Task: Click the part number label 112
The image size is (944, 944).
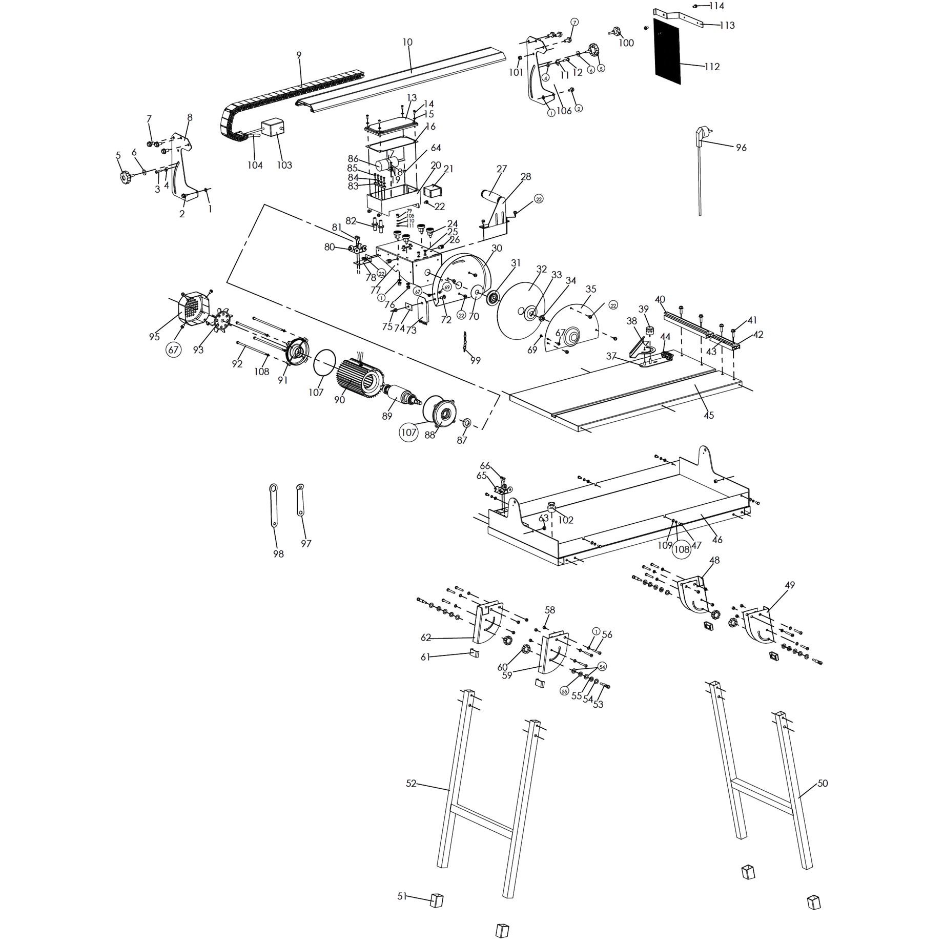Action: [712, 67]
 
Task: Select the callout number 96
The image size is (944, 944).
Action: [741, 148]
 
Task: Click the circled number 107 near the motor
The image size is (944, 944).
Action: [408, 433]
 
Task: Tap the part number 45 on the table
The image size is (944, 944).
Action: [708, 415]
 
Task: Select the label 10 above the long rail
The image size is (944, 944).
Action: [407, 42]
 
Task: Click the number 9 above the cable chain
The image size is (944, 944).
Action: [299, 55]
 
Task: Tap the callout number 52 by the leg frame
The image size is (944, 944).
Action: [411, 784]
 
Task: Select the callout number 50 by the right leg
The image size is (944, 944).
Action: [823, 783]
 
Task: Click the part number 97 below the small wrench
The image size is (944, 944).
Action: [306, 544]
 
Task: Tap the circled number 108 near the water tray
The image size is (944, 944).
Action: [682, 549]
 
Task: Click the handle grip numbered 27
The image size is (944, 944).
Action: [491, 197]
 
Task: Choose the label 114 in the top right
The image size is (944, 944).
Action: [716, 6]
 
